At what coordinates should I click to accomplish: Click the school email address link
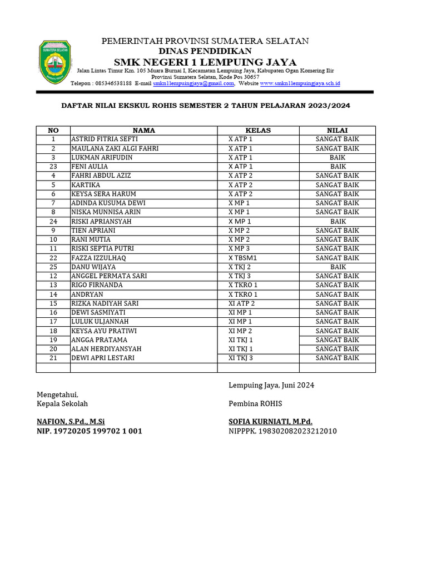click(193, 83)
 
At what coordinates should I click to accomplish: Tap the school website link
click(300, 83)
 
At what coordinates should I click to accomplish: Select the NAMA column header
click(143, 130)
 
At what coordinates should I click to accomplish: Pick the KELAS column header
click(258, 130)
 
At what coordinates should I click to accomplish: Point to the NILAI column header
click(337, 130)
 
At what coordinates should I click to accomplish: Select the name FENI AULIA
click(90, 166)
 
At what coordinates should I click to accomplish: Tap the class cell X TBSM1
click(243, 258)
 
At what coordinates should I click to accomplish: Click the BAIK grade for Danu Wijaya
click(338, 267)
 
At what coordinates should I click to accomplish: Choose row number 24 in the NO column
click(53, 221)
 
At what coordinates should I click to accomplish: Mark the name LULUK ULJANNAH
click(100, 321)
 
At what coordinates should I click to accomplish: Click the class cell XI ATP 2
click(241, 303)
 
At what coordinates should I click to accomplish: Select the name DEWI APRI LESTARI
click(103, 358)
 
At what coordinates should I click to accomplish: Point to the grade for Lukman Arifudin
click(338, 157)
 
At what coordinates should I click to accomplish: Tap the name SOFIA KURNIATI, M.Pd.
click(270, 421)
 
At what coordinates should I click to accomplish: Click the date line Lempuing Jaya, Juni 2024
click(271, 385)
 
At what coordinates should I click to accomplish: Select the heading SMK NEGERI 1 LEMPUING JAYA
click(205, 62)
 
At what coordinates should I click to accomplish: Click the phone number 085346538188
click(113, 83)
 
